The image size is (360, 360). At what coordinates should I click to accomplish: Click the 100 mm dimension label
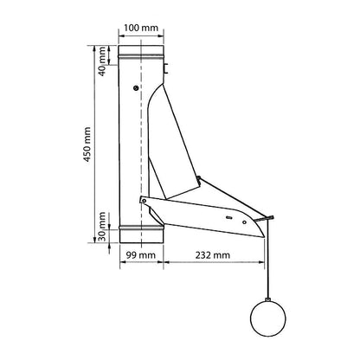[x=141, y=28]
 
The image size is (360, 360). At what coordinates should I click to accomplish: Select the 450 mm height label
[x=87, y=145]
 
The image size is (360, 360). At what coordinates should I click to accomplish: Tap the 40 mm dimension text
[x=102, y=61]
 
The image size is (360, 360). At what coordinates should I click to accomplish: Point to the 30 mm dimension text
[x=102, y=227]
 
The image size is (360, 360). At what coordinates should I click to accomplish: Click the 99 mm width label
[x=141, y=255]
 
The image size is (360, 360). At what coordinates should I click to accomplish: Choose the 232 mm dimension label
[x=213, y=255]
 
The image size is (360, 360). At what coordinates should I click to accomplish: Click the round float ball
[x=268, y=318]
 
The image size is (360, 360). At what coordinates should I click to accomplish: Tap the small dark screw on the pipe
[x=136, y=88]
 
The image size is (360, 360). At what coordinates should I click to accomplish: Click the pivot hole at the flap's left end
[x=144, y=201]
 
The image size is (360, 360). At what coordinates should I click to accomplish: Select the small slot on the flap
[x=228, y=218]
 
